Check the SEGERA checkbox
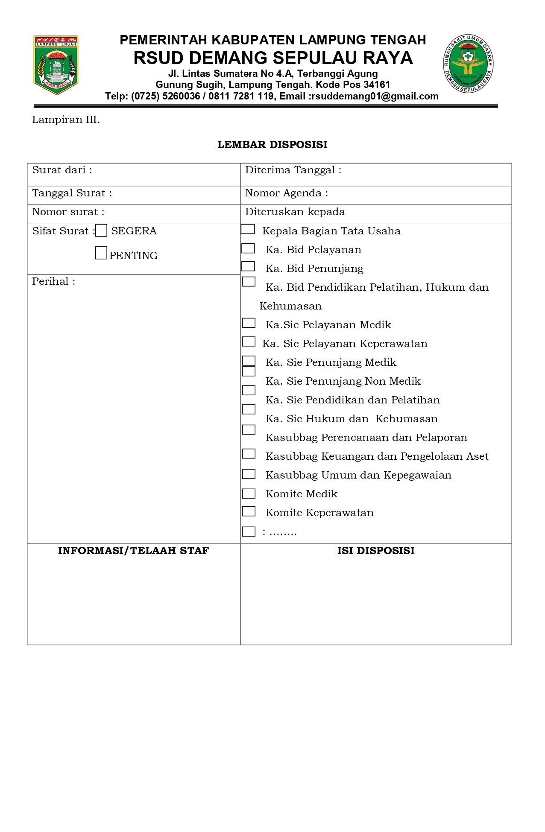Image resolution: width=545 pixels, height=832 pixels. point(101,231)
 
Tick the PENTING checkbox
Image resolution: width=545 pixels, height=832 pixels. point(101,253)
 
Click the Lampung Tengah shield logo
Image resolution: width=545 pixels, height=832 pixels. point(56,64)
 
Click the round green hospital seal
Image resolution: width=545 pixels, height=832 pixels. point(468,64)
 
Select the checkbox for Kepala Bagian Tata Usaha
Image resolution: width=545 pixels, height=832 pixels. point(248,229)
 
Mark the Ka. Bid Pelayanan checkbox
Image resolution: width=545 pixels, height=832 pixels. point(248,248)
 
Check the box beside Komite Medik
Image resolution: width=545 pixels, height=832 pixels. point(249,493)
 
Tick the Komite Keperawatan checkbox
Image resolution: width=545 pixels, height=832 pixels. point(249,511)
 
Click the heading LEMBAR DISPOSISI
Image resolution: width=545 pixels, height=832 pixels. point(272,145)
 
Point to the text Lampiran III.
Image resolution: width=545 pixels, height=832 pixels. point(66,120)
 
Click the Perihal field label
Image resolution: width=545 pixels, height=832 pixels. point(53,282)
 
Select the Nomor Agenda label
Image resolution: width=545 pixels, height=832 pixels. point(286,193)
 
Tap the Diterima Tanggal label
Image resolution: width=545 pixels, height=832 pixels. point(293,170)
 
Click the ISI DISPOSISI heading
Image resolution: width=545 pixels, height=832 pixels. point(376,551)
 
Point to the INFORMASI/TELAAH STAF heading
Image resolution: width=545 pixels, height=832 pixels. point(134,551)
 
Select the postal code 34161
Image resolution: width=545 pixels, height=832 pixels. point(377,85)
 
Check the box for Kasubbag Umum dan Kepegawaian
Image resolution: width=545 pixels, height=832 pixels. point(249,474)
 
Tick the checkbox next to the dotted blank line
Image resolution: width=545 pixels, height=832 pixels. point(249,531)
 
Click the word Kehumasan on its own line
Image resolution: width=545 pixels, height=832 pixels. point(290,307)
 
